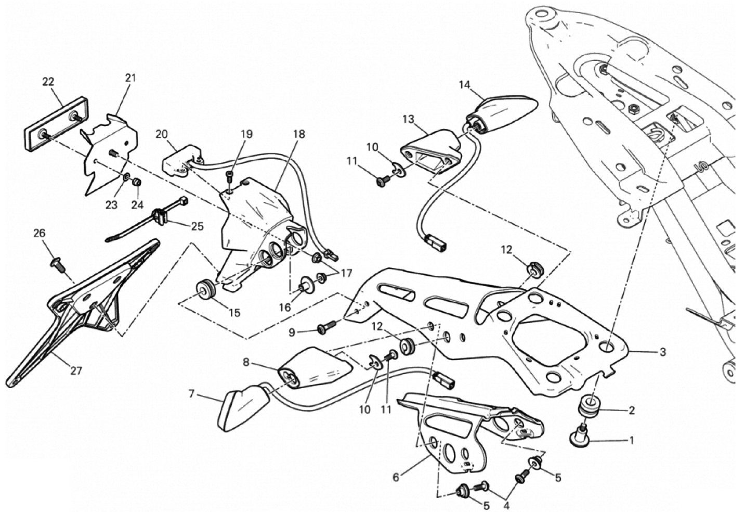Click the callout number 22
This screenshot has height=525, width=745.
coord(48,82)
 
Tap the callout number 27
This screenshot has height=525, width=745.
coord(76,370)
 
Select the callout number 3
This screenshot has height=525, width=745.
coord(662,352)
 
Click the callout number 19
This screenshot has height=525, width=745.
coord(246,134)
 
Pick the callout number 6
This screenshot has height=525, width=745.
coord(396,477)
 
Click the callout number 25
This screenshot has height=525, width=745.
coord(197,226)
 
